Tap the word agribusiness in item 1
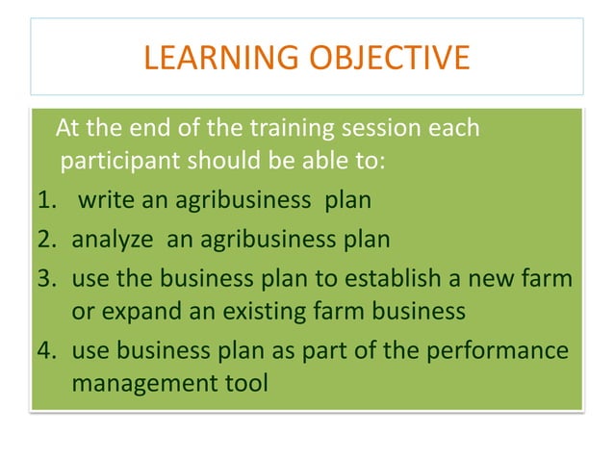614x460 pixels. point(214,201)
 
